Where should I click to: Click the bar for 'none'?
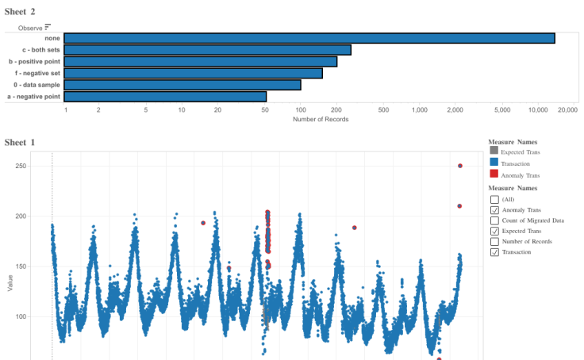click(x=309, y=38)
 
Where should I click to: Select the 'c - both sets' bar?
click(x=207, y=50)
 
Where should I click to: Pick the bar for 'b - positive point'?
click(x=200, y=61)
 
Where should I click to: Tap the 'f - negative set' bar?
click(x=193, y=73)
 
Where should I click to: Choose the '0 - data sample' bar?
click(x=182, y=85)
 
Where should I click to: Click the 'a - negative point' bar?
click(x=165, y=97)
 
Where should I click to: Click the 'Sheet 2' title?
click(x=20, y=11)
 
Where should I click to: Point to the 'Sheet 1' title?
click(x=20, y=143)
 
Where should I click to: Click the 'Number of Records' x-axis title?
click(x=321, y=120)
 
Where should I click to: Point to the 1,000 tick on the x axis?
click(x=420, y=110)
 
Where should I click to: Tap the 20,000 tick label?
click(x=567, y=110)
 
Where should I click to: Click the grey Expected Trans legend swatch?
click(x=494, y=150)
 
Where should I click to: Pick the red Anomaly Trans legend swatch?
click(x=494, y=174)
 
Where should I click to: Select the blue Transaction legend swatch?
click(x=494, y=162)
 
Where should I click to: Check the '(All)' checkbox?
click(x=494, y=200)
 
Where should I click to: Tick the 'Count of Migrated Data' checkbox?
click(x=494, y=220)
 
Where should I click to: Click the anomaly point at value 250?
click(x=460, y=166)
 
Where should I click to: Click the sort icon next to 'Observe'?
click(x=48, y=27)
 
